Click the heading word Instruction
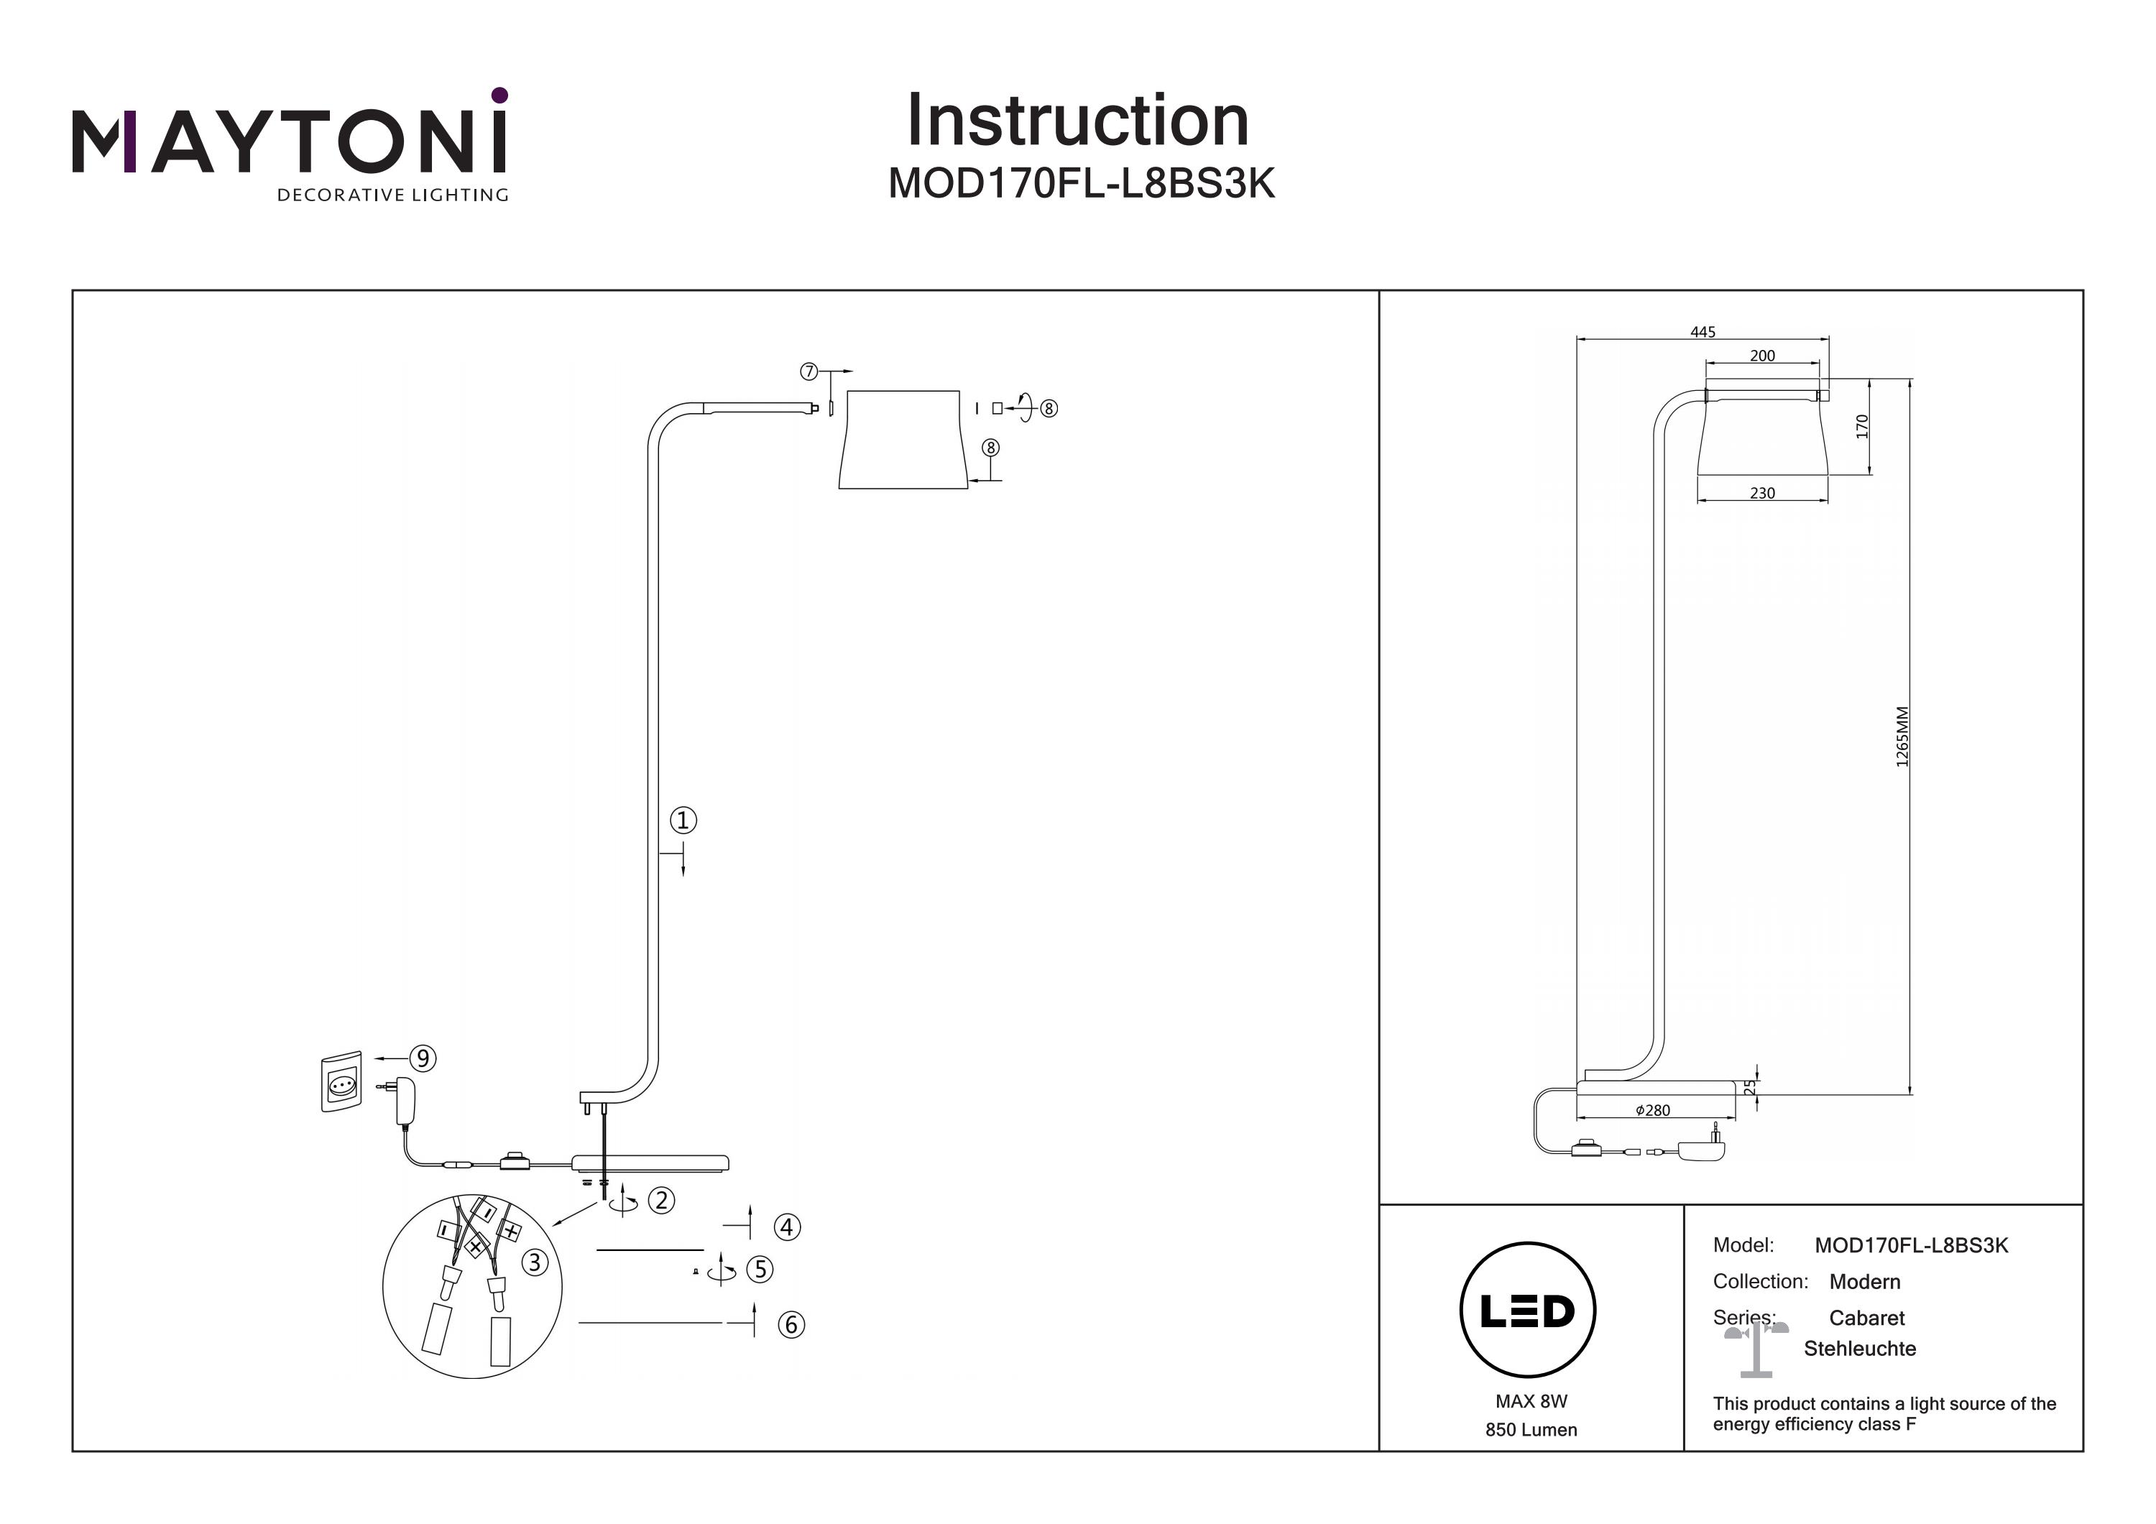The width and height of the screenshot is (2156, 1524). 1077,121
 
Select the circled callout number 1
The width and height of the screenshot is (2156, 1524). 683,821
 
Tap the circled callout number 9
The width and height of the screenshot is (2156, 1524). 423,1058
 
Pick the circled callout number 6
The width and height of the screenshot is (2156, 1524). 791,1325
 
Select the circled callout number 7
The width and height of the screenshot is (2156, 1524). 808,372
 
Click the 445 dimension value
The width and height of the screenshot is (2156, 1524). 1703,331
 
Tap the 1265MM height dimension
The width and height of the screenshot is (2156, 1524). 1902,737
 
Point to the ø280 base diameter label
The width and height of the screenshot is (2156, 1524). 1653,1110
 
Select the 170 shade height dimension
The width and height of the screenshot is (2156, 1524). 1862,426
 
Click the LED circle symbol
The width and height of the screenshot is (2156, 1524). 1528,1311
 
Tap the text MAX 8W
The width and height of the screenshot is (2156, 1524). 1531,1401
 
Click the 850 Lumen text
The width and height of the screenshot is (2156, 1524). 1531,1430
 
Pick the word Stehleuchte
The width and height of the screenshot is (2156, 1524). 1859,1349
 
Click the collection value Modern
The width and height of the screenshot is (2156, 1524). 1865,1282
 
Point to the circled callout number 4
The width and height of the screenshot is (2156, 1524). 787,1227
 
